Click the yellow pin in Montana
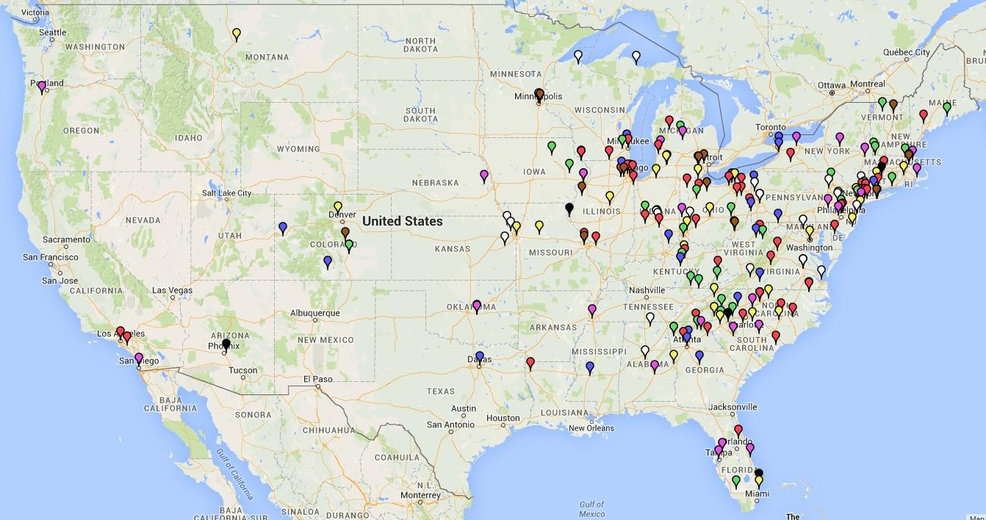click(x=236, y=33)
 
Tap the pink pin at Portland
click(x=41, y=85)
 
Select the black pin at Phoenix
click(x=226, y=343)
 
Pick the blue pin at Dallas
click(x=479, y=356)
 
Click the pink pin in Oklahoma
click(x=477, y=305)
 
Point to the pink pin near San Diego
click(x=138, y=358)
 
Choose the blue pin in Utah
click(x=283, y=228)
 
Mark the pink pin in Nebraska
click(x=483, y=176)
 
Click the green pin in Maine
click(x=946, y=107)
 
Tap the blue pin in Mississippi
click(x=589, y=366)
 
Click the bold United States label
click(x=403, y=221)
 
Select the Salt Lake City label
click(x=226, y=193)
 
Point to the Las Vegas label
click(x=172, y=290)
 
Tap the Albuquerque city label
click(x=315, y=313)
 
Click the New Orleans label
click(x=591, y=428)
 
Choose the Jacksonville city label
click(x=733, y=407)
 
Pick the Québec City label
click(x=906, y=52)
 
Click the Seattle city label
click(x=52, y=32)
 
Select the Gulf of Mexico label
click(x=591, y=509)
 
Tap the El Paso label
click(x=317, y=379)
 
